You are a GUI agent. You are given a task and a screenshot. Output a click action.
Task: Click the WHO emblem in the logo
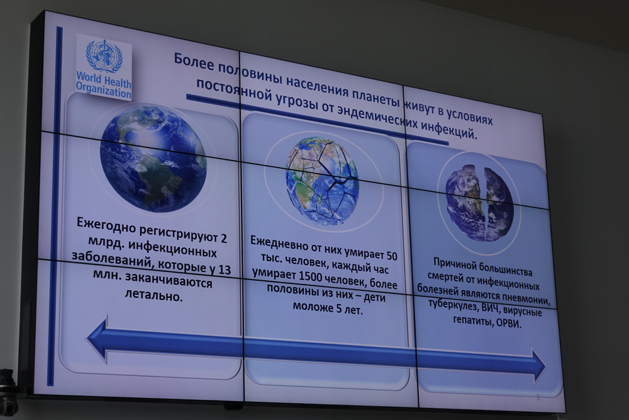pos(104,56)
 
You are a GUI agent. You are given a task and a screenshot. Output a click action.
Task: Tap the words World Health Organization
pos(104,85)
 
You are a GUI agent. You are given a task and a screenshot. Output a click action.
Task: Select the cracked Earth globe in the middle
pos(322,181)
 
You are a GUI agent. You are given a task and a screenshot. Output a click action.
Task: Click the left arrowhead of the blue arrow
pos(97,339)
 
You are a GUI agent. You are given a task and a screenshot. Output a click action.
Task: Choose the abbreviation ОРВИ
pos(509,324)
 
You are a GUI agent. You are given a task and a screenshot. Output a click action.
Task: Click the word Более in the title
pos(193,62)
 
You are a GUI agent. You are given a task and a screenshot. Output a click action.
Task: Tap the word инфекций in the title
pos(450,130)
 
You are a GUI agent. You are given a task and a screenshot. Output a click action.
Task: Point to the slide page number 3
pos(538,398)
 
